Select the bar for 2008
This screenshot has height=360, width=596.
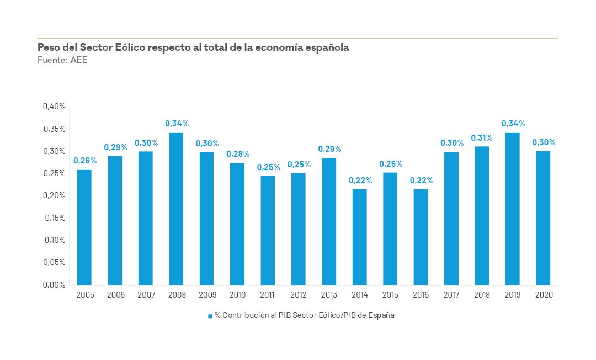pyautogui.click(x=176, y=209)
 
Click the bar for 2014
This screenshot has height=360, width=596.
pyautogui.click(x=359, y=237)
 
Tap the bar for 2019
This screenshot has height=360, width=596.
pyautogui.click(x=513, y=209)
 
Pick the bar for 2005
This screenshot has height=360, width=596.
pyautogui.click(x=84, y=227)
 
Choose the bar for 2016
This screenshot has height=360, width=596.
pyautogui.click(x=421, y=237)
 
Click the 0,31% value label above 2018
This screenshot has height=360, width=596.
pyautogui.click(x=482, y=137)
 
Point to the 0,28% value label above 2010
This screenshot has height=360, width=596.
pyautogui.click(x=238, y=154)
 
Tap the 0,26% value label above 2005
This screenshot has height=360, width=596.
pyautogui.click(x=85, y=161)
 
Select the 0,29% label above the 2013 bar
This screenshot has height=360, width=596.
pyautogui.click(x=329, y=149)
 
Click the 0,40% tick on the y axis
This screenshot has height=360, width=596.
pyautogui.click(x=54, y=107)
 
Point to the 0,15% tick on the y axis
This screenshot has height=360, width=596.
pyautogui.click(x=54, y=218)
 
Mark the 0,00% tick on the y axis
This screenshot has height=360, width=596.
pyautogui.click(x=54, y=285)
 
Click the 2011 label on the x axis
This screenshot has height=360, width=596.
pyautogui.click(x=268, y=295)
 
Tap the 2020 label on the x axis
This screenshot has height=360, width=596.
pyautogui.click(x=544, y=295)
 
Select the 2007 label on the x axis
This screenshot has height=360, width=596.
pyautogui.click(x=146, y=295)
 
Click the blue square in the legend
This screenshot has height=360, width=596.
pyautogui.click(x=210, y=316)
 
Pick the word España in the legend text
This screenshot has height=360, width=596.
pyautogui.click(x=383, y=316)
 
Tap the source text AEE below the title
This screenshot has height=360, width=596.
pyautogui.click(x=79, y=60)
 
